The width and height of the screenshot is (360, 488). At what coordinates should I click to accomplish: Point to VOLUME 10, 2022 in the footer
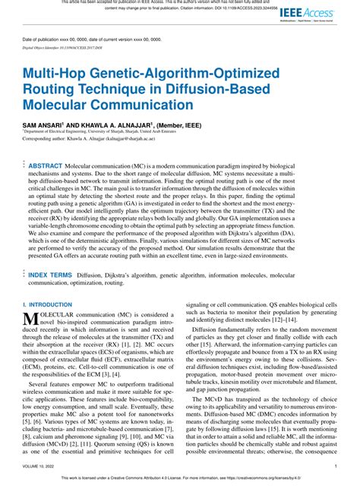point(40,468)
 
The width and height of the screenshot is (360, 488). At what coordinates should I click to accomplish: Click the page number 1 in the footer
point(336,468)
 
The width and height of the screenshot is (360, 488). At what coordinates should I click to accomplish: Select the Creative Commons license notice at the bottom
point(180,480)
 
